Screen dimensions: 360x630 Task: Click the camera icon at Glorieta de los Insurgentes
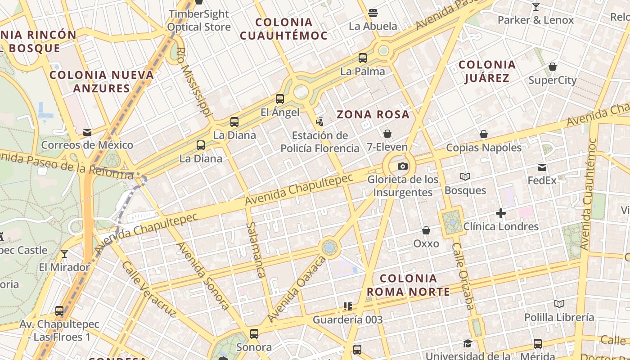click(x=403, y=166)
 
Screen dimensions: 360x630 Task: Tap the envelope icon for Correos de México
click(x=87, y=132)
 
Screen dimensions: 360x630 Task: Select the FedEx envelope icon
click(x=542, y=167)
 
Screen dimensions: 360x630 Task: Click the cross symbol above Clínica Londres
click(x=501, y=213)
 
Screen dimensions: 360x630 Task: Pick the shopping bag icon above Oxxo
click(x=426, y=231)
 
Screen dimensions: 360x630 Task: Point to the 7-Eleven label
click(x=387, y=147)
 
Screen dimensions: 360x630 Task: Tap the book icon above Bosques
click(x=465, y=177)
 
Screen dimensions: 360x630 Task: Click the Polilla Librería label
click(x=559, y=317)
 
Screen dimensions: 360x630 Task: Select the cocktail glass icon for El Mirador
click(x=64, y=254)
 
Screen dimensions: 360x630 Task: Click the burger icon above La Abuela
click(x=373, y=13)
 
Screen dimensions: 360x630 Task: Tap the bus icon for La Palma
click(x=363, y=58)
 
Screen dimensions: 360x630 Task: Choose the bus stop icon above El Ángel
click(x=280, y=99)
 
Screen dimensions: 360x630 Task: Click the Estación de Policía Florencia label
click(x=320, y=142)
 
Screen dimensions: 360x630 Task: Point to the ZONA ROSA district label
click(x=373, y=114)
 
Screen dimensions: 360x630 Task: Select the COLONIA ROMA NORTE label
click(x=408, y=285)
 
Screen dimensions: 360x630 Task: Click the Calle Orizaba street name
click(x=463, y=276)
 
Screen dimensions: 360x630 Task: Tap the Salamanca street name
click(x=256, y=250)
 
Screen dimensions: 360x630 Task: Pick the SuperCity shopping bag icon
click(x=553, y=67)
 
